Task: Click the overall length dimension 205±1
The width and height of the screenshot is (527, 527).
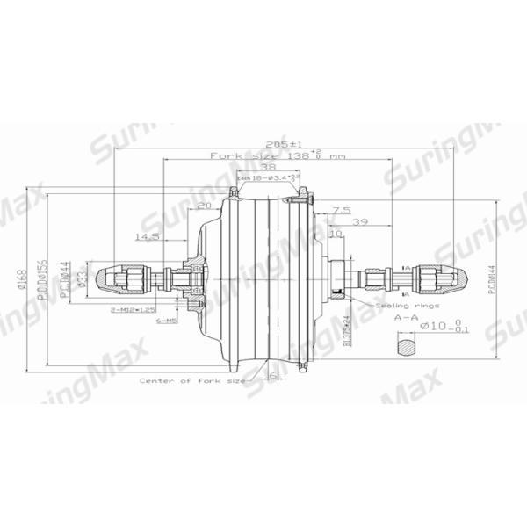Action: [283, 143]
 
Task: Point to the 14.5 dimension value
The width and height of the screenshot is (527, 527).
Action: [147, 236]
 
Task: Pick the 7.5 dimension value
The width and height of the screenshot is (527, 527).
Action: [343, 211]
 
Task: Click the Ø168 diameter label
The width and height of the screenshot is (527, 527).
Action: [20, 280]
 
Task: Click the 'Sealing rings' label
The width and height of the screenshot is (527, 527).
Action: [396, 305]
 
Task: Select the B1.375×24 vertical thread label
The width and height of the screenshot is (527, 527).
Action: [347, 331]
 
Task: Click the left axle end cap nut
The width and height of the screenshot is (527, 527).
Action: [118, 278]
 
